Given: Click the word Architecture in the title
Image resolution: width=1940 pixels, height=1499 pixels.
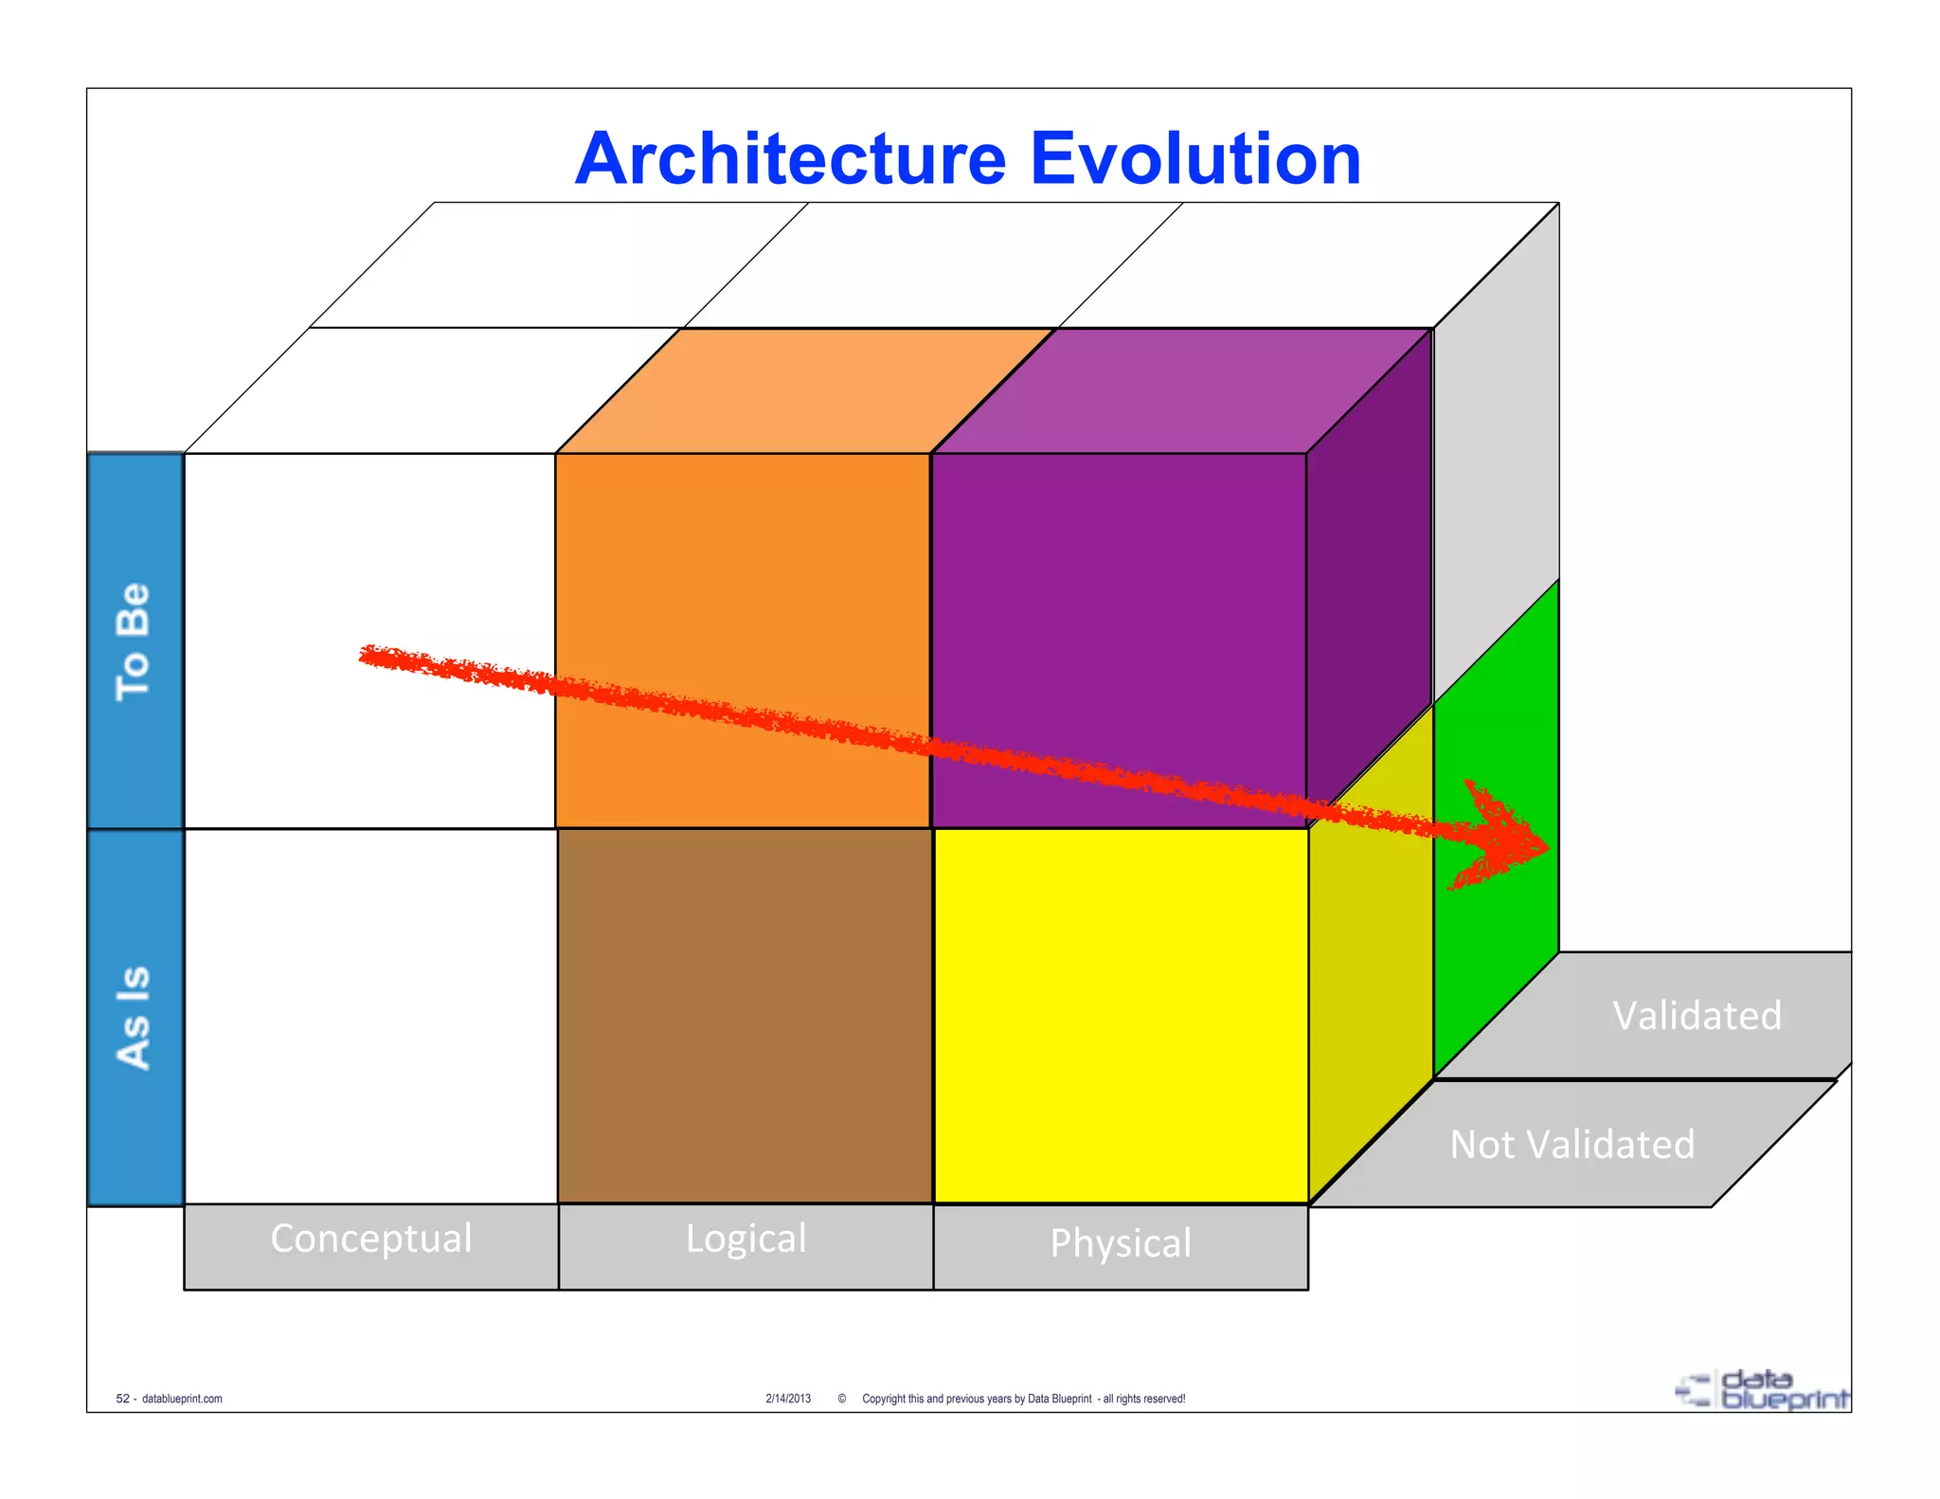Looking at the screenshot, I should point(790,159).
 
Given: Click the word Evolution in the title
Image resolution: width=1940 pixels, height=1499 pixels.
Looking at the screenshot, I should point(1195,159).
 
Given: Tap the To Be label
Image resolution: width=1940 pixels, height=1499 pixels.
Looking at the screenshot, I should point(134,641).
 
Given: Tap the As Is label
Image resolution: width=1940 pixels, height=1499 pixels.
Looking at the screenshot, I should point(134,1018).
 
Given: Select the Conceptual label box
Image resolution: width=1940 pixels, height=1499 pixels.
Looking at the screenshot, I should point(370,1245).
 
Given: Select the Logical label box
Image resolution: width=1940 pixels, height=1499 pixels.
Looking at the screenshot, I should point(745,1245).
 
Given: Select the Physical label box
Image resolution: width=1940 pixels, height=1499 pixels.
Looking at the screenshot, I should point(1121,1247).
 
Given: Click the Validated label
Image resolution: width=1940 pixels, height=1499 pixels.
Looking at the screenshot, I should point(1696,1016).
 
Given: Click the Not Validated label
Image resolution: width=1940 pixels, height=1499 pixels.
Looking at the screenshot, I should point(1572,1145).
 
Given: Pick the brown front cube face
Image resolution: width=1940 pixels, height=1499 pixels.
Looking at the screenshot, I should point(745,1016).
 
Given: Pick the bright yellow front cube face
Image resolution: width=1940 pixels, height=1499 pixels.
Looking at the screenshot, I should point(1121,1016).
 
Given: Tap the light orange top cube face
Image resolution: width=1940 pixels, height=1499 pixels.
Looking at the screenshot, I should point(805,390).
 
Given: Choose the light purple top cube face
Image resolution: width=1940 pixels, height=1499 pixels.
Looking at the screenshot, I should point(1181,390).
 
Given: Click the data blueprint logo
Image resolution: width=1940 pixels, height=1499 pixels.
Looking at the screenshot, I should point(1763,1390).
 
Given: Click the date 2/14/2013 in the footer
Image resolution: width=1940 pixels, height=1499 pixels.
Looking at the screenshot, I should point(788,1399).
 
